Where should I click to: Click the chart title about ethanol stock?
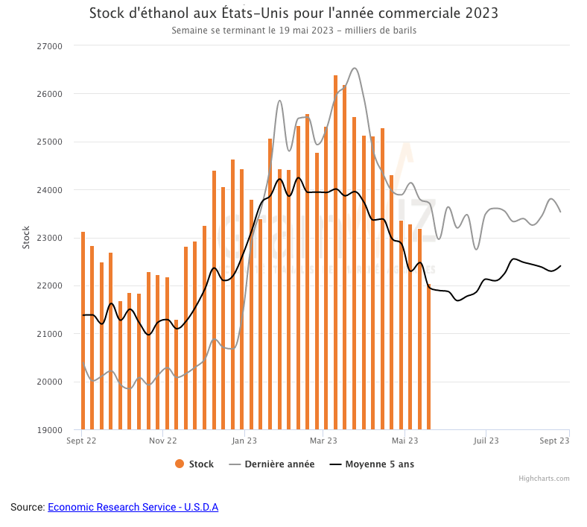(293, 13)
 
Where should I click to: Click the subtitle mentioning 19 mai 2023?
(293, 31)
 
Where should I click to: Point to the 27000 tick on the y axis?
(51, 45)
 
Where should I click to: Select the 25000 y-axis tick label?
(51, 142)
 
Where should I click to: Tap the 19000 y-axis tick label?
(51, 430)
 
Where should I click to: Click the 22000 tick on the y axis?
(51, 286)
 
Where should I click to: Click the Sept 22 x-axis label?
(81, 441)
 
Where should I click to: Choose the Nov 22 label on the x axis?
(162, 441)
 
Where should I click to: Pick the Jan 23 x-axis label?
(244, 441)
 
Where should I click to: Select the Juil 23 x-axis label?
(486, 441)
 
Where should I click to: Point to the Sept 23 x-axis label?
(555, 441)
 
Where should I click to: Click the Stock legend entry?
(194, 464)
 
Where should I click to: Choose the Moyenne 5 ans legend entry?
(372, 464)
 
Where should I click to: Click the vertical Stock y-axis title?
(26, 237)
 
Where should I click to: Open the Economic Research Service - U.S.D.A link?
(133, 507)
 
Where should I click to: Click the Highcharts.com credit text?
(544, 479)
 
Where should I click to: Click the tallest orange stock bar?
(335, 253)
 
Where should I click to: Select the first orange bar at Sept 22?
(83, 332)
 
